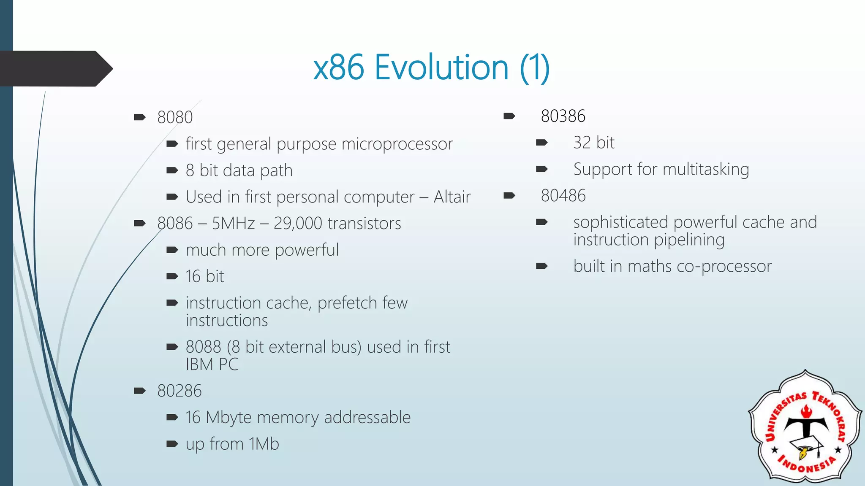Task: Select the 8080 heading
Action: tap(175, 117)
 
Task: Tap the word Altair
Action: tap(452, 197)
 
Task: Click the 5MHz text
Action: tap(233, 224)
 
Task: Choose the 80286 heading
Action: tap(180, 391)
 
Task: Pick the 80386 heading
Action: tap(563, 116)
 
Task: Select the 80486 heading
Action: tap(563, 196)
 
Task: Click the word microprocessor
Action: tap(397, 144)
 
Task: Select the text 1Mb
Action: tap(264, 444)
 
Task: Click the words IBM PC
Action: tap(212, 364)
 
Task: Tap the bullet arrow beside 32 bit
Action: tap(542, 143)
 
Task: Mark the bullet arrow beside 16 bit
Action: tap(172, 277)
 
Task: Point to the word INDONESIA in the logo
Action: tap(807, 466)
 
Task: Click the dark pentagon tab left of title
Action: tap(55, 69)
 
